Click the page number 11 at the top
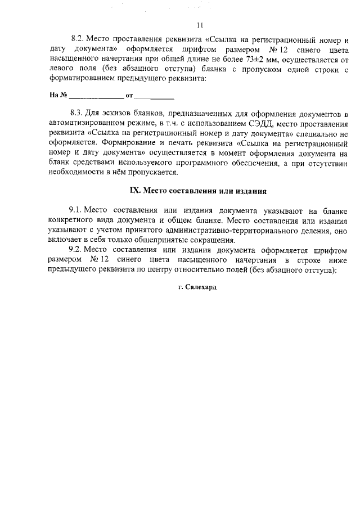tap(200, 25)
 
